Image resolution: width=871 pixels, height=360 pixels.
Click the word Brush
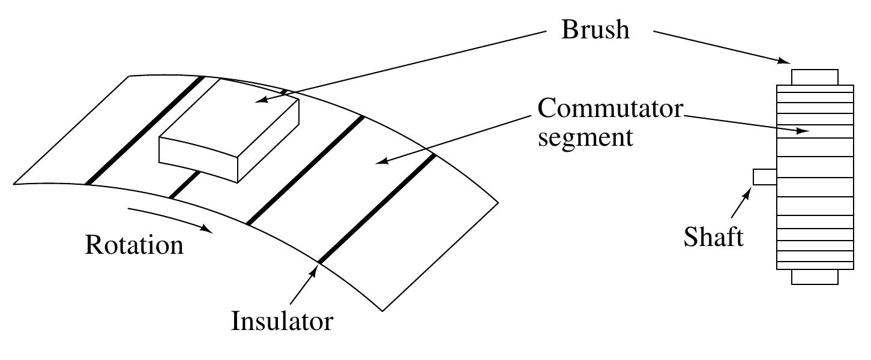tap(595, 29)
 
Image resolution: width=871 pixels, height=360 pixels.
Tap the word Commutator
tap(610, 109)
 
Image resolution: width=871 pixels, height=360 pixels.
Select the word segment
tap(585, 137)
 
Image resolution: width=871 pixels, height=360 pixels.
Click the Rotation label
tap(134, 245)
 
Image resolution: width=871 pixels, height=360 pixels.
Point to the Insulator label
tap(282, 321)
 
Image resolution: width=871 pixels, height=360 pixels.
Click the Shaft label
tap(713, 236)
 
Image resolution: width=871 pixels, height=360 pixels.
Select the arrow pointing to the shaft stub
tap(740, 204)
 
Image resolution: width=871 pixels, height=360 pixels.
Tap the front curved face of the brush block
tap(198, 159)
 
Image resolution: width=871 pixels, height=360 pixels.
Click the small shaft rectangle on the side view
tap(765, 177)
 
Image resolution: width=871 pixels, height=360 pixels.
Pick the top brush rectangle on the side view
tap(814, 77)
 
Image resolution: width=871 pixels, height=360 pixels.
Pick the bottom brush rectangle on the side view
tap(814, 277)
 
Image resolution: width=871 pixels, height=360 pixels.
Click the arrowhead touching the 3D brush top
tap(260, 100)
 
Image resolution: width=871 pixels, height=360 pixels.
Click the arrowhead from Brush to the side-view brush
tap(785, 60)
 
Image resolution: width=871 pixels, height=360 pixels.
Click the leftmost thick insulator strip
tap(144, 130)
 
